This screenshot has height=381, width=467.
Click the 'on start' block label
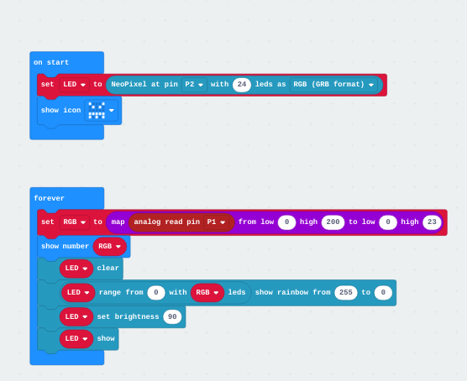[51, 62]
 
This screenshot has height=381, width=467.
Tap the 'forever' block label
[50, 198]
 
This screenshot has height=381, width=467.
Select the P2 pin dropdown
[194, 84]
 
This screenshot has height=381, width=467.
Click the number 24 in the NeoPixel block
[242, 84]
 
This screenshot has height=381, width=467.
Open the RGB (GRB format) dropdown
[333, 84]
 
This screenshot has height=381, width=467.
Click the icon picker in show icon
[102, 111]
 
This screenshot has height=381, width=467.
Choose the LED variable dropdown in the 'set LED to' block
[75, 84]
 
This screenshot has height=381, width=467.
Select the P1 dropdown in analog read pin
[216, 222]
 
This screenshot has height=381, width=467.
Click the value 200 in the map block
[333, 222]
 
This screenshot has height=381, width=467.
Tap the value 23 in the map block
[432, 222]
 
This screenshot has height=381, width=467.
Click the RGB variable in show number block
[109, 247]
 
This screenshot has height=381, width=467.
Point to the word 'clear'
[108, 269]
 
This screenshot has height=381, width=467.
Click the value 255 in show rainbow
[346, 293]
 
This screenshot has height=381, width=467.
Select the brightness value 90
[172, 316]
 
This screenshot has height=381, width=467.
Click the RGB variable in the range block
[207, 293]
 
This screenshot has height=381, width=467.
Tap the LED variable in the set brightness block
[76, 316]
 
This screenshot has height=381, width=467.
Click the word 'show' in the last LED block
[106, 339]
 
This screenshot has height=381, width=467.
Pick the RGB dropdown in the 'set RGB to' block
[75, 222]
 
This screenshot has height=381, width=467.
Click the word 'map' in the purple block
[118, 222]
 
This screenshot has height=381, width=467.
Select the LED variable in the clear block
[76, 269]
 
